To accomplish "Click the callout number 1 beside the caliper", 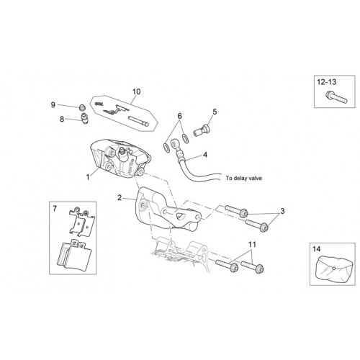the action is click(88, 177).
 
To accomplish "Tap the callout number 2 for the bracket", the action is click(120, 198).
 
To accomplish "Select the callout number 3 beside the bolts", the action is click(282, 211).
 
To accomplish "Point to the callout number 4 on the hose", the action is click(205, 155).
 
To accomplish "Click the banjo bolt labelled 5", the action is click(202, 130).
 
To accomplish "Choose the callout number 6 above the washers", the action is click(180, 116).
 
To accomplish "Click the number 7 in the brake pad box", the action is click(55, 209).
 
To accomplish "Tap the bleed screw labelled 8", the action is click(84, 118).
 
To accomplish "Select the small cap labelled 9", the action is click(82, 107).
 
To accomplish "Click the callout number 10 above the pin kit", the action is click(136, 91).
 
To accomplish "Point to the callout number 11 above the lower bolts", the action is click(252, 245).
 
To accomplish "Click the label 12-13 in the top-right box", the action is click(327, 82).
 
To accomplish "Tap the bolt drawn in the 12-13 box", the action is click(336, 97).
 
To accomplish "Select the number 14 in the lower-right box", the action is click(316, 249).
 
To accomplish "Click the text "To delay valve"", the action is click(243, 179).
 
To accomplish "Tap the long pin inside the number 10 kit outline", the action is click(139, 121).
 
